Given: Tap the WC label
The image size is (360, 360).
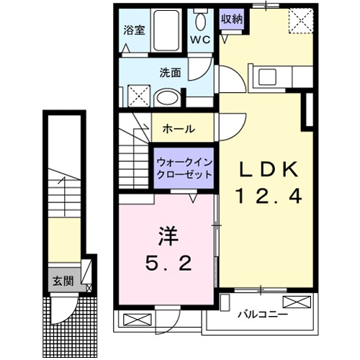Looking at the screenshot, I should click(200, 40).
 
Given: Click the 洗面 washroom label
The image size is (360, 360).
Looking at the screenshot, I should click(170, 72).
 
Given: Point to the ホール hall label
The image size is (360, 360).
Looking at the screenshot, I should click(179, 129).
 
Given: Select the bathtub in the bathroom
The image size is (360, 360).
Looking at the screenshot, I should click(168, 30).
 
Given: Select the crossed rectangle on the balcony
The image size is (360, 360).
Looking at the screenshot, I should click(296, 302).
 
